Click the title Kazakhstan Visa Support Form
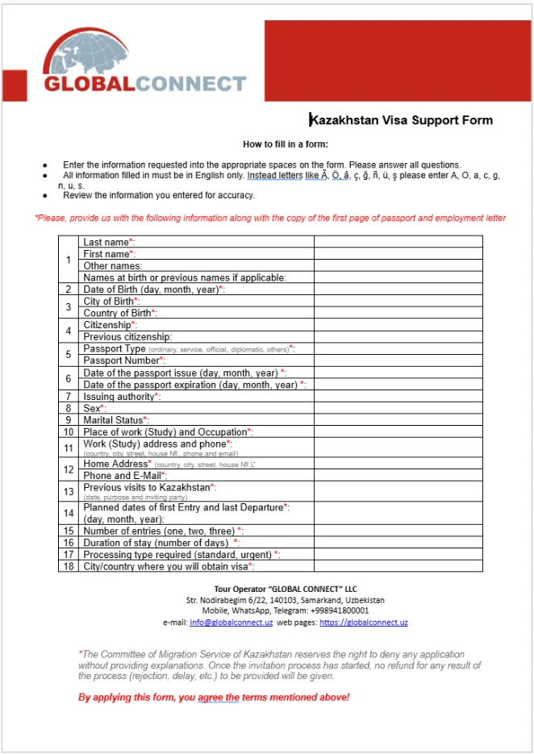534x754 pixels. pyautogui.click(x=402, y=120)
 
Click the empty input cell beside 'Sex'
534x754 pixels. pyautogui.click(x=398, y=409)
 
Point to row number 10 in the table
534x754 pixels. pyautogui.click(x=69, y=432)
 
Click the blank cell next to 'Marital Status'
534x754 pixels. pyautogui.click(x=398, y=420)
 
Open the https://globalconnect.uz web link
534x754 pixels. pyautogui.click(x=363, y=623)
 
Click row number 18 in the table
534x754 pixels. pyautogui.click(x=69, y=567)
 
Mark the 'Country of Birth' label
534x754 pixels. pyautogui.click(x=120, y=313)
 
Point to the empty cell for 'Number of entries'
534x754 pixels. pyautogui.click(x=398, y=531)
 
